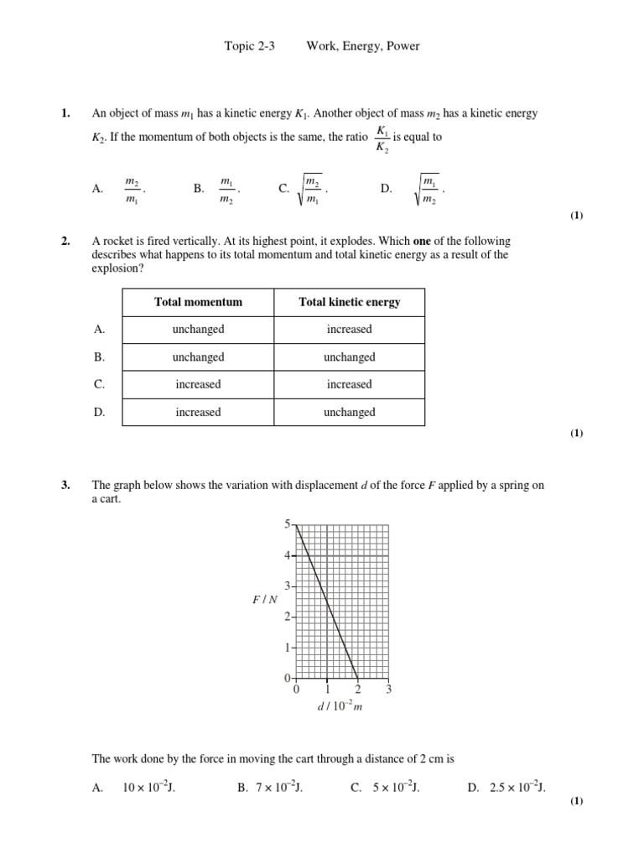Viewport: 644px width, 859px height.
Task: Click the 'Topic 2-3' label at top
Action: pos(249,46)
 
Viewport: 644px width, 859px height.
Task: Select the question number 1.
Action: pos(66,113)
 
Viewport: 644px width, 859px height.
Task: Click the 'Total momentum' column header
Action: pos(198,302)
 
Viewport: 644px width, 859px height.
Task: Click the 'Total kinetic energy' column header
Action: pos(349,302)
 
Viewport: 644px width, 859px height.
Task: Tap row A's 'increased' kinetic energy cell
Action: pos(349,330)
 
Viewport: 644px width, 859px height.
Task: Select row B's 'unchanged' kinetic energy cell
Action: pos(349,357)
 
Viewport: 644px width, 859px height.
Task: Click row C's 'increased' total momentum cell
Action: pos(198,384)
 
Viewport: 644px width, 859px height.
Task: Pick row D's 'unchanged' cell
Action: pos(349,412)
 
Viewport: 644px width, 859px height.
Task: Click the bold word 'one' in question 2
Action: pos(423,242)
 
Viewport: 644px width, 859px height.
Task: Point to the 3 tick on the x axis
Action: pos(388,690)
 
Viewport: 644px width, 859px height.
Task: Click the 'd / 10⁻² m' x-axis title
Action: pos(340,708)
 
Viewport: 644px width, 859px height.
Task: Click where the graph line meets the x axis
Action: pos(358,678)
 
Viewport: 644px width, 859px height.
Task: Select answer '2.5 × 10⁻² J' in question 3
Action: pos(512,788)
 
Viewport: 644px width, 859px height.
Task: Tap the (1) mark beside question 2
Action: pos(576,434)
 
